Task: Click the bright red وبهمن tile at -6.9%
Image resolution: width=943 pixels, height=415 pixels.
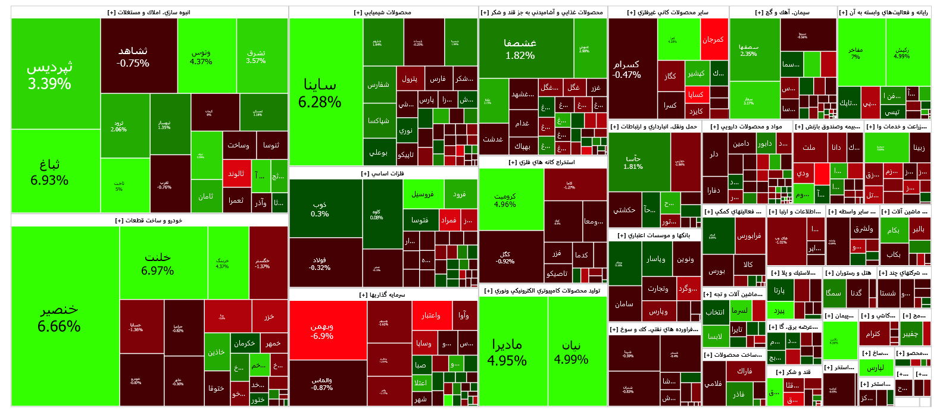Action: click(x=327, y=331)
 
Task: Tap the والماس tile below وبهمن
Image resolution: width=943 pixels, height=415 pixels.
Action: click(x=327, y=383)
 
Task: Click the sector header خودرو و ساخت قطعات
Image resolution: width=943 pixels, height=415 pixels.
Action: click(x=149, y=221)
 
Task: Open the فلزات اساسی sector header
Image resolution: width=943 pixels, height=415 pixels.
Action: click(x=383, y=174)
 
